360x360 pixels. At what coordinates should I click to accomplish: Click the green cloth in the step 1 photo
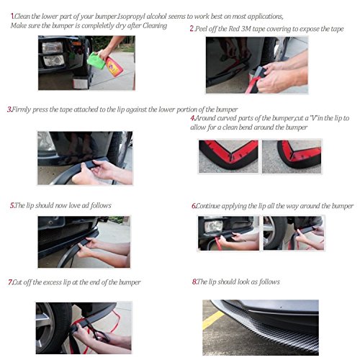(96, 60)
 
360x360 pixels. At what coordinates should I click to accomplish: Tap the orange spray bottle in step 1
(114, 66)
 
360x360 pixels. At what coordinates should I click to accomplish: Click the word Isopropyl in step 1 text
(131, 17)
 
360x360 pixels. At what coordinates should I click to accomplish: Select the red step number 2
(192, 29)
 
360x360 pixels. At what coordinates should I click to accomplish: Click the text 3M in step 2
(246, 29)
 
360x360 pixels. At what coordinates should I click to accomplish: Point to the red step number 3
(9, 109)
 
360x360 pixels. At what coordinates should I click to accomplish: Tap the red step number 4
(192, 118)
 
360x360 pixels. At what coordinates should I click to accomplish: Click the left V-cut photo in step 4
(228, 156)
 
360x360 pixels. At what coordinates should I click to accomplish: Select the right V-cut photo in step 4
(292, 156)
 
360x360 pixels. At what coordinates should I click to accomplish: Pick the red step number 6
(194, 206)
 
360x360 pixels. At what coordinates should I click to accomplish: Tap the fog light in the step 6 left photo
(214, 226)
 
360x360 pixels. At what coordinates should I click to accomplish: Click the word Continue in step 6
(208, 206)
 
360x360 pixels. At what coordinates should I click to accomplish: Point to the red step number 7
(10, 282)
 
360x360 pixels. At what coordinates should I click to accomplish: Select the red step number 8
(194, 282)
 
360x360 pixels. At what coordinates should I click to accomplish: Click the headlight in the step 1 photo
(53, 48)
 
